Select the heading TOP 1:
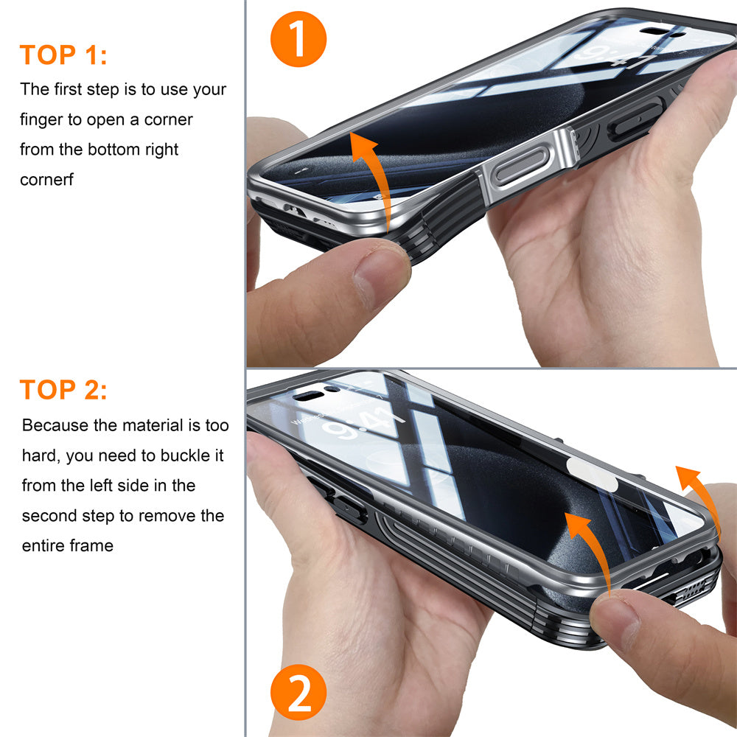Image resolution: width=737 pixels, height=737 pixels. pyautogui.click(x=63, y=55)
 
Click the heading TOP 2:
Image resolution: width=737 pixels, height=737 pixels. pyautogui.click(x=63, y=390)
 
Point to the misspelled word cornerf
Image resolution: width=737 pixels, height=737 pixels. pyautogui.click(x=46, y=180)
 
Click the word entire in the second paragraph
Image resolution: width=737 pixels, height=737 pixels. pyautogui.click(x=42, y=546)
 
